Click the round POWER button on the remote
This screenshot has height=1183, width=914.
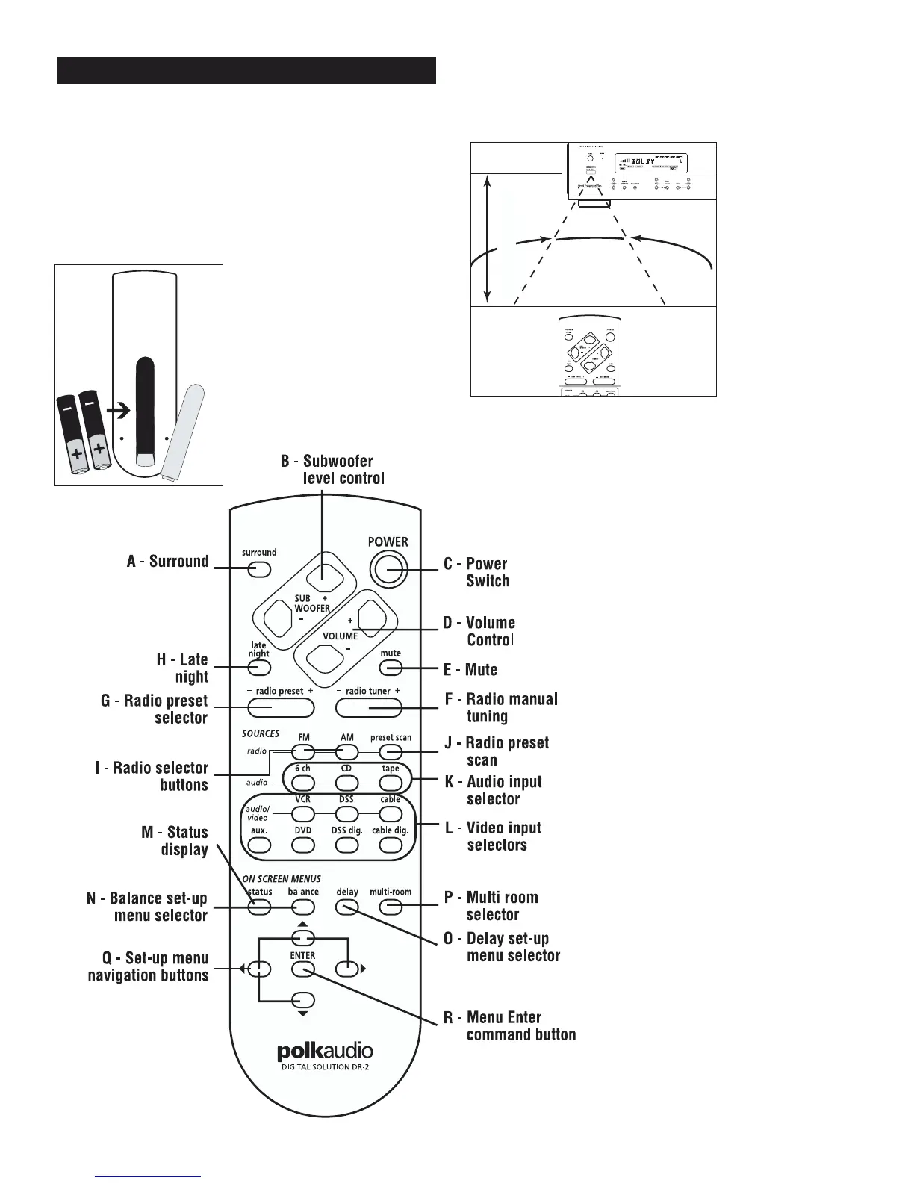(388, 570)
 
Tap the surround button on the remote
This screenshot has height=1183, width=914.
(259, 570)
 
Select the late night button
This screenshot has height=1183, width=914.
(258, 667)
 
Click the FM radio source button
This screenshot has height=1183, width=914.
(302, 752)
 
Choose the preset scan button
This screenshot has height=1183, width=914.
(391, 752)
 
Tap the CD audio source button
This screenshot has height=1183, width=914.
(346, 783)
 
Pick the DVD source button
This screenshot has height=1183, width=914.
(302, 845)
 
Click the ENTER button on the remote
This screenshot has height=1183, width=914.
(302, 969)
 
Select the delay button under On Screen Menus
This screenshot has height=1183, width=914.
(346, 907)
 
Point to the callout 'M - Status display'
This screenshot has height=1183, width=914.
(175, 841)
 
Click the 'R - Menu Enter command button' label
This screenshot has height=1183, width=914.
(520, 1025)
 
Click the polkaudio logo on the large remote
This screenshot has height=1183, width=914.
(325, 1052)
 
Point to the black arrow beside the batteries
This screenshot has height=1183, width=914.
(118, 410)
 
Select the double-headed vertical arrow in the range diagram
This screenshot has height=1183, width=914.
(487, 238)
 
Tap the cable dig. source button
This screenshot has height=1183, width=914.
(391, 845)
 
